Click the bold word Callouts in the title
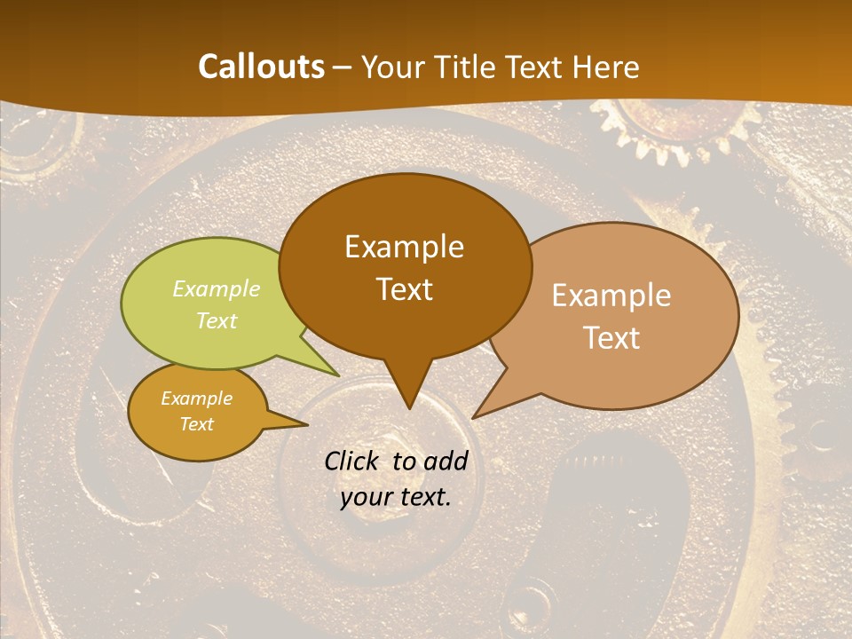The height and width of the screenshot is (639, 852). coord(261,67)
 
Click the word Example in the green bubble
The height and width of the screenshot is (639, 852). coord(217,289)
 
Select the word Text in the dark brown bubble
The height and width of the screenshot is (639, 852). coord(405,289)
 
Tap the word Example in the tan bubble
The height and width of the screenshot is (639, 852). coord(611,296)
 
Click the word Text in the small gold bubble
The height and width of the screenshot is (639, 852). coord(197,424)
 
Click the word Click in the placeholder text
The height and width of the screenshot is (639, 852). coord(355,461)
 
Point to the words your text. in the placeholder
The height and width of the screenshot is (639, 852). coord(396,497)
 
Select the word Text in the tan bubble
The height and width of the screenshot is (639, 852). coord(611,338)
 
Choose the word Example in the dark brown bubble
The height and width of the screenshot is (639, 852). coord(405,247)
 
